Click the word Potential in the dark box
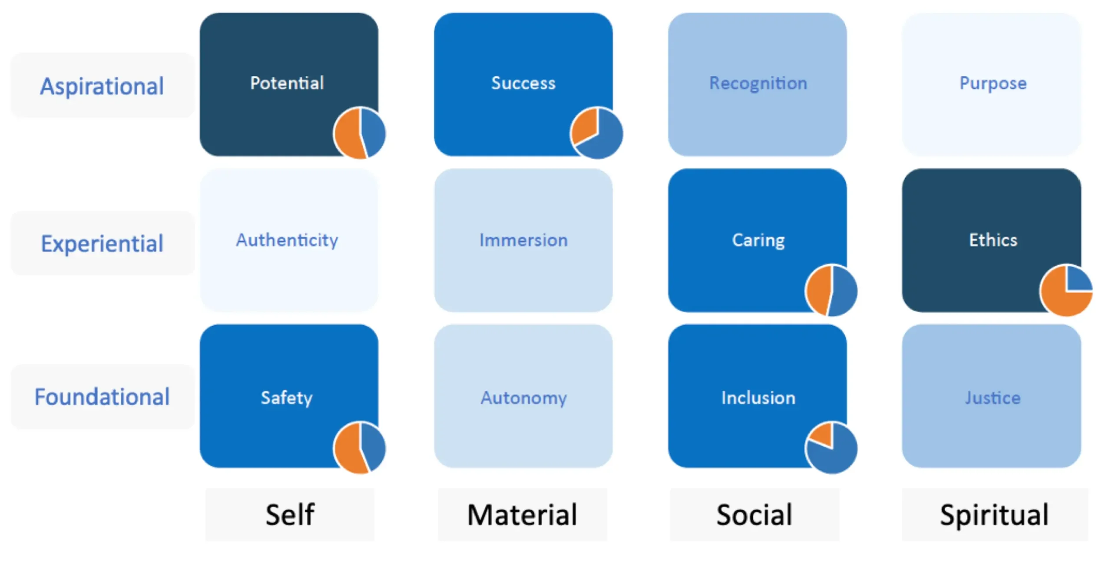(287, 83)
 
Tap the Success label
(523, 83)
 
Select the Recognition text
(758, 83)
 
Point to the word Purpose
(993, 83)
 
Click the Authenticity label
(287, 240)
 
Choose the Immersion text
(523, 240)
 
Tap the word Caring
(758, 240)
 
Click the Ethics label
(993, 240)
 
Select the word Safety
(287, 398)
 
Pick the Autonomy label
(523, 398)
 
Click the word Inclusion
(758, 398)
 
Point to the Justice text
(993, 398)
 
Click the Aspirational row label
(102, 86)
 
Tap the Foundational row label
(102, 397)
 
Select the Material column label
(522, 515)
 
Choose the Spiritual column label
(994, 515)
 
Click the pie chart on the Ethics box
(1066, 290)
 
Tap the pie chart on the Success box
(596, 133)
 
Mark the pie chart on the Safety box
(360, 448)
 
